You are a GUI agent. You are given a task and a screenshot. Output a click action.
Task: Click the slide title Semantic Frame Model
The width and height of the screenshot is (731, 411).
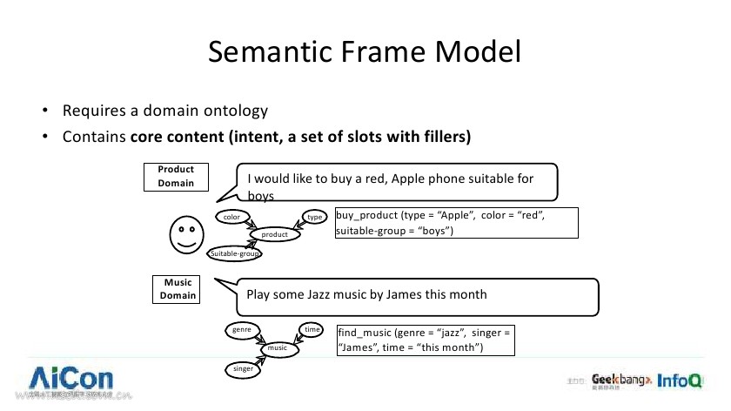365,52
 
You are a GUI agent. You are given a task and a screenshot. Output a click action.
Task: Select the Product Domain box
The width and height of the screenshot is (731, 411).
176,177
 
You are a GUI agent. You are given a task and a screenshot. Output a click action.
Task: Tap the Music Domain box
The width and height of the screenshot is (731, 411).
177,289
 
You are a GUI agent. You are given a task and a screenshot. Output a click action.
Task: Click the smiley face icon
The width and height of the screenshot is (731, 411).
185,233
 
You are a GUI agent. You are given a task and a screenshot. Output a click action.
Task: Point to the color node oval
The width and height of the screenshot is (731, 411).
232,215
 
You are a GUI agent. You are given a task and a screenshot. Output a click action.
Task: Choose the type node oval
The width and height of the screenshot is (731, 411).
313,215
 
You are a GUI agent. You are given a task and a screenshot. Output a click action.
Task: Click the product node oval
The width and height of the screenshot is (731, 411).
275,233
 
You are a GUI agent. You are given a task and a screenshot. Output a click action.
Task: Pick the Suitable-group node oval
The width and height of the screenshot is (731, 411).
236,253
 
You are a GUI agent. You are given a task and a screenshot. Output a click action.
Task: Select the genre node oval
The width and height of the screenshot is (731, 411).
241,330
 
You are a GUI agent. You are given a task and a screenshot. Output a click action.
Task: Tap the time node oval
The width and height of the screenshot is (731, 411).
312,329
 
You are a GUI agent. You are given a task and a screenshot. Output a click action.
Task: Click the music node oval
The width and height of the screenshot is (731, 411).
278,348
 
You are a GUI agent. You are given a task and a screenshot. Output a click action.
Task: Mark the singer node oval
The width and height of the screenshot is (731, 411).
243,369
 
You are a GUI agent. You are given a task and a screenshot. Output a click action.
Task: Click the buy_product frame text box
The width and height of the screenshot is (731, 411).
456,222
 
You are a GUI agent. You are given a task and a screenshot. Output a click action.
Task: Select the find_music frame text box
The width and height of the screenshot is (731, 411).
426,340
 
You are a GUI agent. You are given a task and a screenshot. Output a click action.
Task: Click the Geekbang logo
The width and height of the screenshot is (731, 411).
620,381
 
